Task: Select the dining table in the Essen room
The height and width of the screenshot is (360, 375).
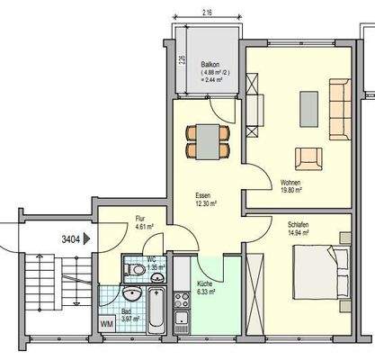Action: pos(208,138)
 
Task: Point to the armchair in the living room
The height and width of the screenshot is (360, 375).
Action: pos(308,158)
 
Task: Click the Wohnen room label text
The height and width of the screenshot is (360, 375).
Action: pos(291,182)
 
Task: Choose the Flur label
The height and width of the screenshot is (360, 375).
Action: pos(140,218)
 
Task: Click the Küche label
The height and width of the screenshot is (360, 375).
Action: pos(206,283)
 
